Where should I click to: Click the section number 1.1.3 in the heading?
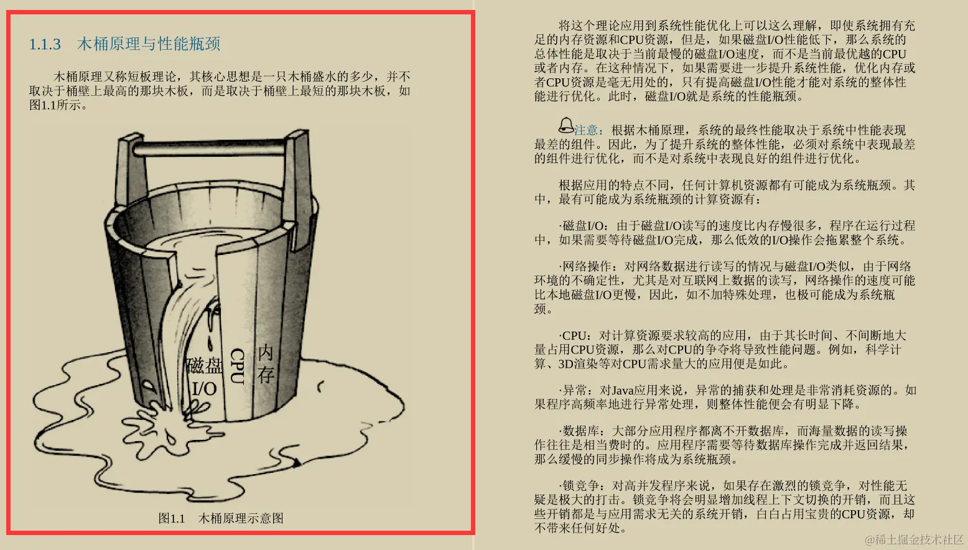pyautogui.click(x=45, y=44)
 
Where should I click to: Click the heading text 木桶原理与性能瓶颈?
pyautogui.click(x=149, y=44)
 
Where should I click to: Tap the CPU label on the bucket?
pyautogui.click(x=237, y=365)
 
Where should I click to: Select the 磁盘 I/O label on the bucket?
pyautogui.click(x=204, y=377)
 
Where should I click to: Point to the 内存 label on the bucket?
pyautogui.click(x=266, y=363)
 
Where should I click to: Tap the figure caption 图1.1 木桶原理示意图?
pyautogui.click(x=221, y=518)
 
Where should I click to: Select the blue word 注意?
pyautogui.click(x=586, y=130)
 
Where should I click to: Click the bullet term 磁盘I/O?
pyautogui.click(x=583, y=226)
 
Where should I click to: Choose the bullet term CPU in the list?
pyautogui.click(x=575, y=336)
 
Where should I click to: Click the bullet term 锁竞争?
pyautogui.click(x=581, y=486)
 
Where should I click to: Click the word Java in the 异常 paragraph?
pyautogui.click(x=623, y=391)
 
